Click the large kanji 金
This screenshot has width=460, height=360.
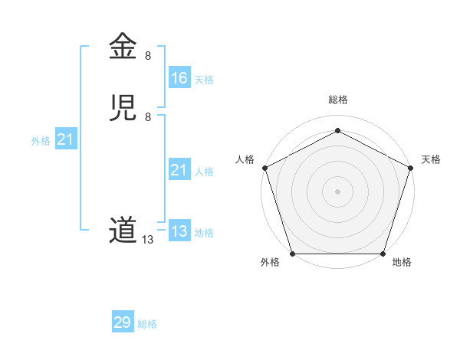tap(123, 46)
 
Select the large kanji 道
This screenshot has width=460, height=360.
tap(123, 230)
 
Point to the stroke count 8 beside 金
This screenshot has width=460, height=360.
tap(148, 56)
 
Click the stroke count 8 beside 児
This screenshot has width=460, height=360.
tap(148, 117)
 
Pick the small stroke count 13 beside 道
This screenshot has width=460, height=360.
tap(148, 240)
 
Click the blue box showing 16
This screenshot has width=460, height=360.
tap(179, 78)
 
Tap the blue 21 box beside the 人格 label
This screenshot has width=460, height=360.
tap(179, 170)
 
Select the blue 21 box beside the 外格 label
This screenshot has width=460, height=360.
tap(65, 139)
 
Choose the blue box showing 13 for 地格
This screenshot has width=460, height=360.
tap(179, 231)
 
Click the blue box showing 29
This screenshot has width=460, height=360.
tap(123, 322)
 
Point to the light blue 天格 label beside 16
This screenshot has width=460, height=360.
tap(204, 80)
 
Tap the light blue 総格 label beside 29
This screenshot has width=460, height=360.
tap(147, 324)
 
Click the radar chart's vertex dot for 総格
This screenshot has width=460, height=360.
tap(337, 129)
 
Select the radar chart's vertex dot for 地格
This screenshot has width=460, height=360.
tap(383, 254)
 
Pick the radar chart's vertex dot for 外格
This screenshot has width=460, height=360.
tap(292, 254)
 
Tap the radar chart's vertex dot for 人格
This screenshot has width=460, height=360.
tap(264, 167)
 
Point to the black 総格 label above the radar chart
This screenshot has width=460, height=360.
tap(337, 100)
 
